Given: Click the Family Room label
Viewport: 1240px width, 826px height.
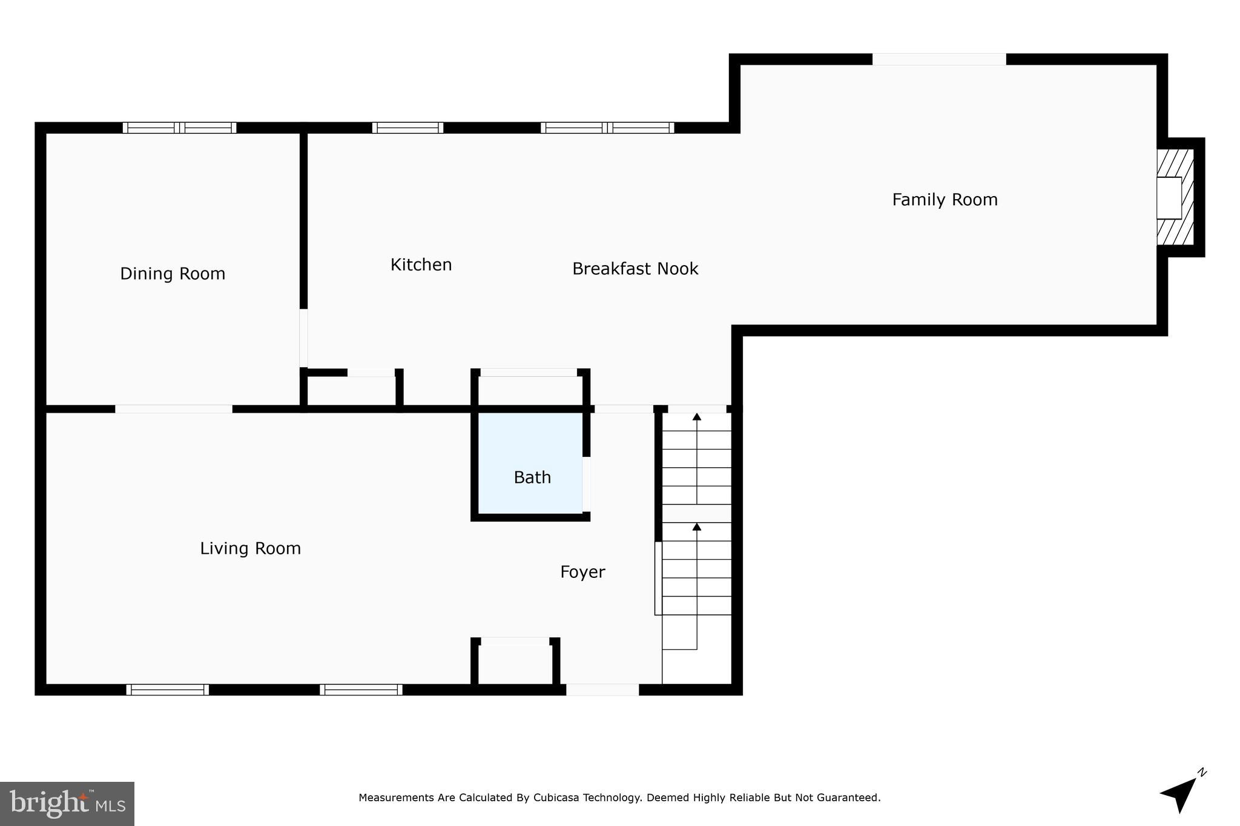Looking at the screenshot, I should [945, 200].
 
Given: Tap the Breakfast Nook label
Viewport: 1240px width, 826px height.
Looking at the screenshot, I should [635, 269].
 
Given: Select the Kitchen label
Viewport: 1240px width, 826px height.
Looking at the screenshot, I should [421, 265].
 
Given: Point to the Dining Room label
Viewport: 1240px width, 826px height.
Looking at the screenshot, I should [173, 274].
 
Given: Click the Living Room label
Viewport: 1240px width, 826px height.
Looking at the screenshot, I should [250, 548].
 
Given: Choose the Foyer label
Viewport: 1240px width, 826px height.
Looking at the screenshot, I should [582, 572].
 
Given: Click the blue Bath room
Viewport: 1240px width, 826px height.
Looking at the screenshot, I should [530, 463].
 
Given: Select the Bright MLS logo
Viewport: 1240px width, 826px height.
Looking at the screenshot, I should [67, 804].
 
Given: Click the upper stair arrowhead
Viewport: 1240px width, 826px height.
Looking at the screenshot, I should [697, 417].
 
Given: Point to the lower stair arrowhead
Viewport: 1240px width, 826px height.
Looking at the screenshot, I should [697, 527].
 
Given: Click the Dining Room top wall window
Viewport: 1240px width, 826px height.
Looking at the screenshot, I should [179, 128].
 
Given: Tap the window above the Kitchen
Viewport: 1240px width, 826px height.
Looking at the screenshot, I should [407, 128].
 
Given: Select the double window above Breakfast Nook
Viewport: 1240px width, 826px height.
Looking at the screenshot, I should [607, 128].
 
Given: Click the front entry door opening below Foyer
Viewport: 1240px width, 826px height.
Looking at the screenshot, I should [602, 690].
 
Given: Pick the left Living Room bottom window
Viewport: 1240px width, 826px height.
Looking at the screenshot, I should [168, 690].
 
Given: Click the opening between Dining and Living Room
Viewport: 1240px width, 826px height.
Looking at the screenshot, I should [174, 409].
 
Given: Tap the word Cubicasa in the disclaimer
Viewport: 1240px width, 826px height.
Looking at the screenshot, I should [556, 798].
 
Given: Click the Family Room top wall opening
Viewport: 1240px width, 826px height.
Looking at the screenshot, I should [938, 59].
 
